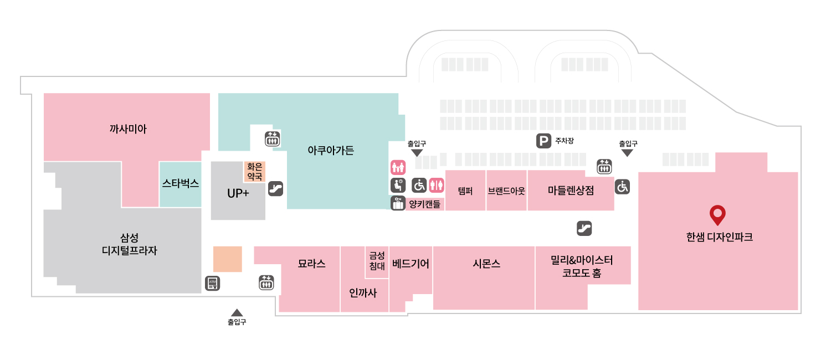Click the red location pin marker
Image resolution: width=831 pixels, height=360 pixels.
coord(717,215)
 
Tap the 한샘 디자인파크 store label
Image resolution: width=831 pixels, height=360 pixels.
coord(719,237)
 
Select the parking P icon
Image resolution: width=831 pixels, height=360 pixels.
coord(543,141)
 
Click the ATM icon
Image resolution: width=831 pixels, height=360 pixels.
coord(213,283)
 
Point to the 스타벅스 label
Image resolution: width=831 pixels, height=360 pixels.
coord(181,183)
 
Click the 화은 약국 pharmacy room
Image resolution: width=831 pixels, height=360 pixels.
coord(254,172)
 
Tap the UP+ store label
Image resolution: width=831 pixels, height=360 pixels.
coord(238,193)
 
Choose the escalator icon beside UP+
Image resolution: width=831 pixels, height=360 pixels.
coord(276,189)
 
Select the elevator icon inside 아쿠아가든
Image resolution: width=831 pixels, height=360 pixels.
coord(273,139)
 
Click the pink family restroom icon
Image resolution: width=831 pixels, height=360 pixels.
coord(398,167)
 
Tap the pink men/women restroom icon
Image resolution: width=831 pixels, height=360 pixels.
coord(437,186)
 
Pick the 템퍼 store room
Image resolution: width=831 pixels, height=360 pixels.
coord(465,191)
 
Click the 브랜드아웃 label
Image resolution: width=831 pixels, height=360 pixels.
coord(506,191)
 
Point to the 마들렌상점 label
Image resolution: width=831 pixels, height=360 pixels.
coord(571,191)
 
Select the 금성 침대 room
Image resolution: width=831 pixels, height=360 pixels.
coord(377,262)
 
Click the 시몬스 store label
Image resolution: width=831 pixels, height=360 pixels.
coord(486,264)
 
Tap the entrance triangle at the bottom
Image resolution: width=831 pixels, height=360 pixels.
coord(237,312)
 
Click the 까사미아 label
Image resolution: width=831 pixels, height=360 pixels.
coord(128,129)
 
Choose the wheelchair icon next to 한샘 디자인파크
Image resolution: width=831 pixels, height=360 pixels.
coord(622,187)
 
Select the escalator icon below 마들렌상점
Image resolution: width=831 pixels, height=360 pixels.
coord(584,228)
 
